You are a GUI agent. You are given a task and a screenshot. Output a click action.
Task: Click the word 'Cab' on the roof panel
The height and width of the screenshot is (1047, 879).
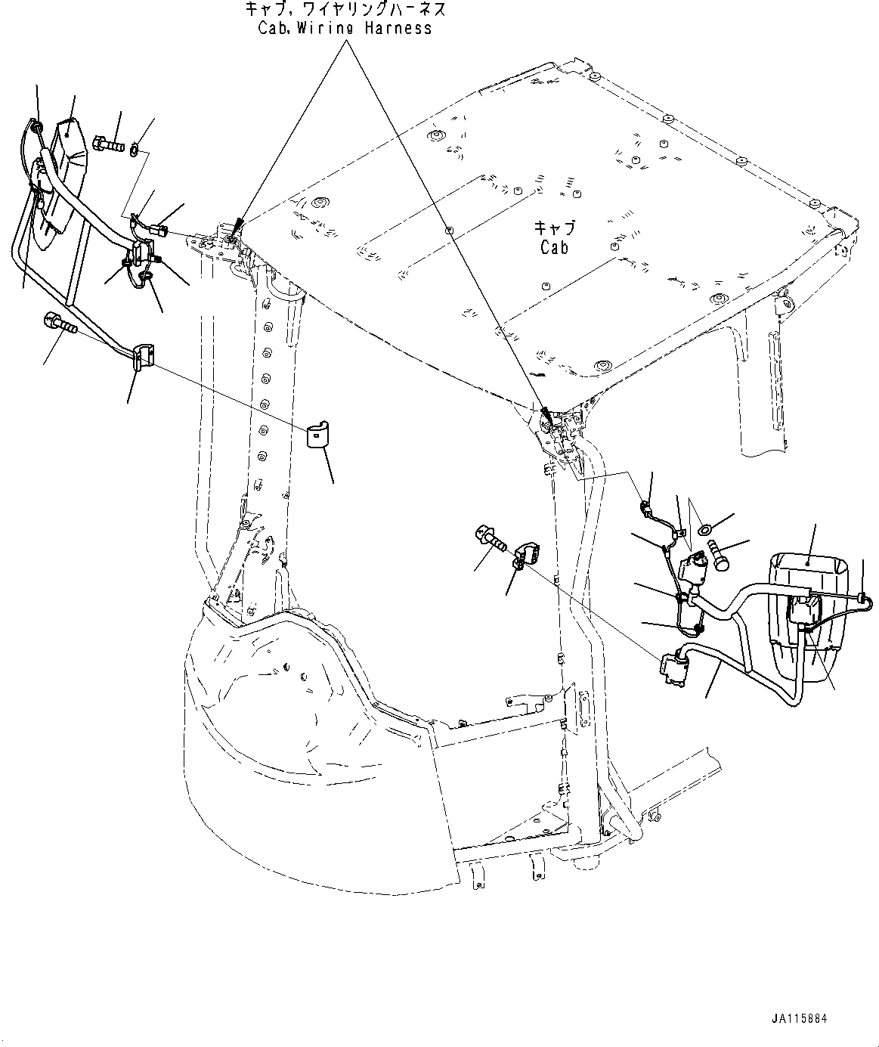[554, 247]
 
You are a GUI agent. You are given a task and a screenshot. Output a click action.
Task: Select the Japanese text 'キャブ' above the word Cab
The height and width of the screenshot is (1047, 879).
[554, 228]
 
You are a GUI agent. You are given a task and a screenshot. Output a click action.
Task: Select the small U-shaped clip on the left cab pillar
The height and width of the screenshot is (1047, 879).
[320, 436]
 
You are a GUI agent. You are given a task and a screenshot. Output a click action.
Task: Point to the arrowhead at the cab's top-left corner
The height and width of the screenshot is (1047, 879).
[238, 223]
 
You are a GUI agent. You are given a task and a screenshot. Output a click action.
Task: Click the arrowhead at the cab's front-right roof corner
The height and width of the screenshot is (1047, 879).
[543, 412]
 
